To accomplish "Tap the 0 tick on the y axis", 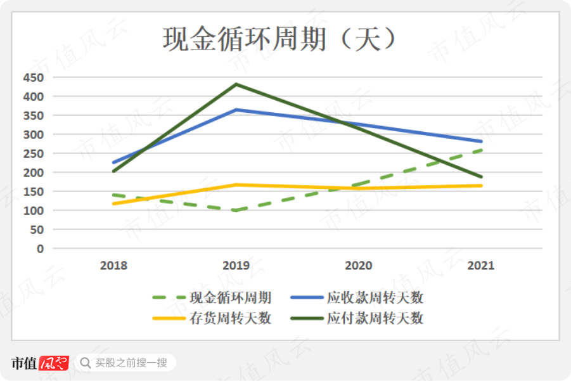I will pos(40,249).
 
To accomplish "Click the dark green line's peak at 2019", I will pos(236,84).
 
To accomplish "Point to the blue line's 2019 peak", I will pos(236,110).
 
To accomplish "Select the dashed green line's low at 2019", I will pos(236,210).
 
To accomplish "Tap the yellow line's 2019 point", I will pos(236,185).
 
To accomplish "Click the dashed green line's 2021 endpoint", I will pos(481,150).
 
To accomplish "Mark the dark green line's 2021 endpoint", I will pos(481,177).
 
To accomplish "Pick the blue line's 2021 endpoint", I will pos(481,141).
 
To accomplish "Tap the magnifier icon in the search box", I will pos(86,363).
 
